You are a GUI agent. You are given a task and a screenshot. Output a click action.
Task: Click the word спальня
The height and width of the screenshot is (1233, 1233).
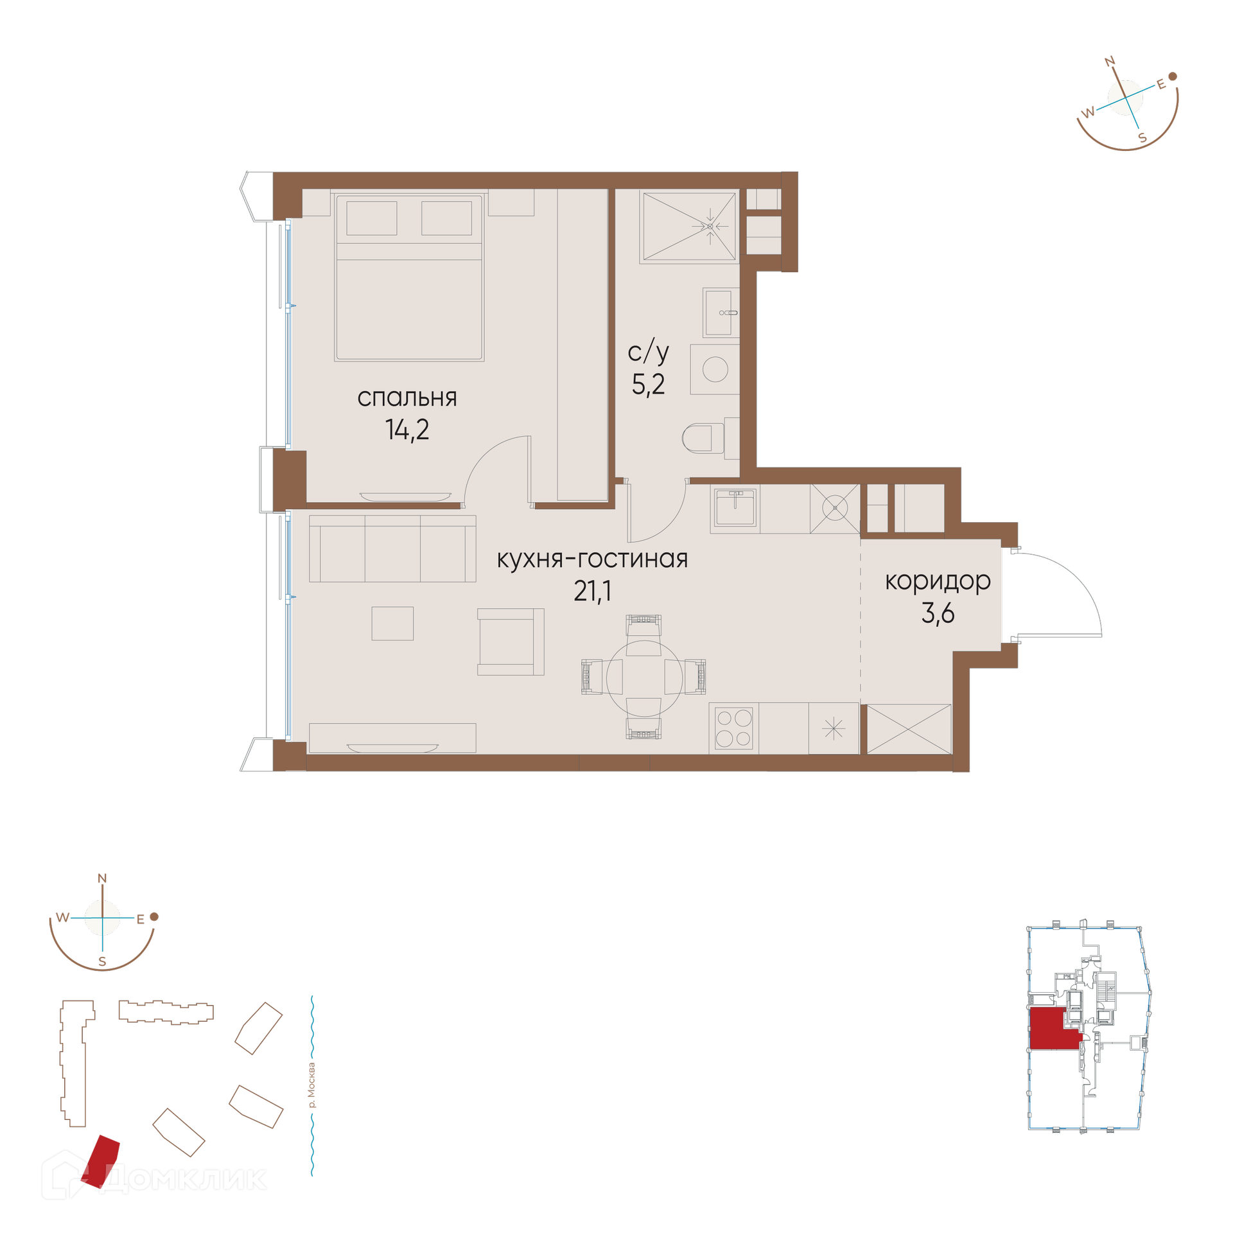coord(407,398)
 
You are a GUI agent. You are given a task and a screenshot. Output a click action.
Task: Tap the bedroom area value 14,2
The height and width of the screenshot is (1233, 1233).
coord(407,430)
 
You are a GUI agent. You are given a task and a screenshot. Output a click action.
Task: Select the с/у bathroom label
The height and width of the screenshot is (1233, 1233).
coord(648,353)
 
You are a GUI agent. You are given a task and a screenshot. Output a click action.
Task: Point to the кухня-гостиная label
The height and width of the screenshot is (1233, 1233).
coord(592,559)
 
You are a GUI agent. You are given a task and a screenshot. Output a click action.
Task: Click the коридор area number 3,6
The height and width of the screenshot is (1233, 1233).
coord(938,613)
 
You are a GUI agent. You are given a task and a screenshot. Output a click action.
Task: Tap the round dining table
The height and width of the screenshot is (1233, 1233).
coord(644,678)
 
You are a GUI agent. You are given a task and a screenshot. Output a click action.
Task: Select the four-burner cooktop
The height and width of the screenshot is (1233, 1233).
coord(734,728)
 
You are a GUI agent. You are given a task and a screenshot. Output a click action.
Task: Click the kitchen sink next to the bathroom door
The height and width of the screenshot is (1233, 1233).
coord(735,507)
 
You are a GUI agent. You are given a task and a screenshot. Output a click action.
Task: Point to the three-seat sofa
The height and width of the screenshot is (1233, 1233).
coord(392,548)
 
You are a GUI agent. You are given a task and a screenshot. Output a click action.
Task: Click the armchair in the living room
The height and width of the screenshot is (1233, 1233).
coord(511,642)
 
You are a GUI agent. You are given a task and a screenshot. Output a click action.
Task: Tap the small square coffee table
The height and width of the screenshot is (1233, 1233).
coord(392,624)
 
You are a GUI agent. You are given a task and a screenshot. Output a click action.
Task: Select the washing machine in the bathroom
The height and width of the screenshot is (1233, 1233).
coord(715,369)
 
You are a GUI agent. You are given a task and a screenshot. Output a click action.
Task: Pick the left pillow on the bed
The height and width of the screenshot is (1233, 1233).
coord(371,218)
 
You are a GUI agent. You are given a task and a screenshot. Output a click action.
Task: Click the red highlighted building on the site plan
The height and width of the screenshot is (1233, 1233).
coord(101,1162)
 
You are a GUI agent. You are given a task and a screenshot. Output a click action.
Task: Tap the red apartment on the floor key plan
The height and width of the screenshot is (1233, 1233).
coord(1053,1029)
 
